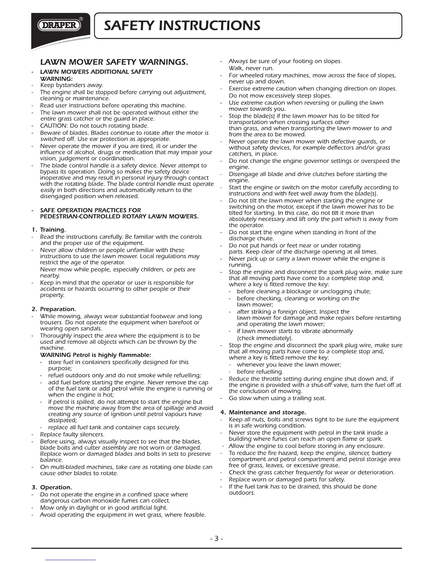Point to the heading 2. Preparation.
coord(58,309)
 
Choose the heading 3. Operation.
coord(56,487)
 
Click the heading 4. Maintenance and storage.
coord(267,412)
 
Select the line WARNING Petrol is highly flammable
coord(96,355)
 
